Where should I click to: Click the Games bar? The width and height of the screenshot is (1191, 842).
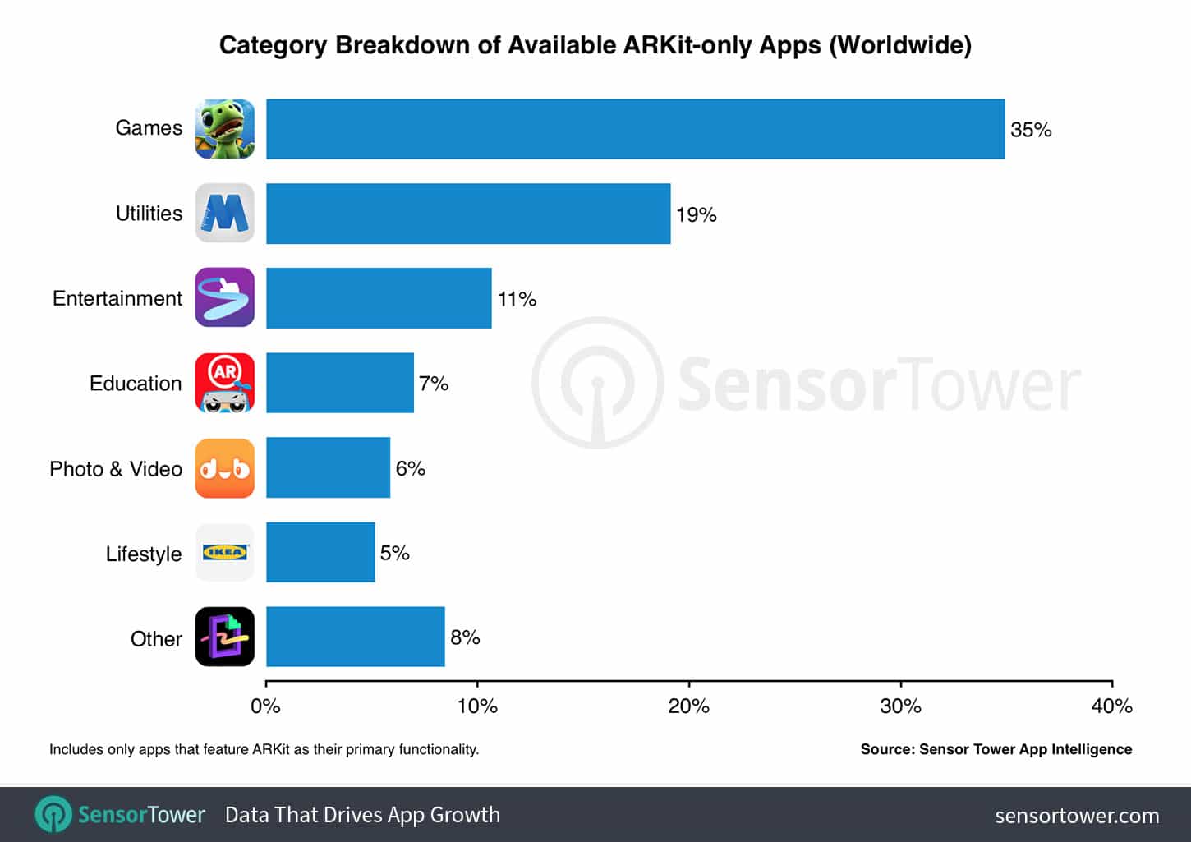pyautogui.click(x=635, y=129)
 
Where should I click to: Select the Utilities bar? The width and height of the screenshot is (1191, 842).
pyautogui.click(x=468, y=214)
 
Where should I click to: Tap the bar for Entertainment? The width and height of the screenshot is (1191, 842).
pyautogui.click(x=379, y=298)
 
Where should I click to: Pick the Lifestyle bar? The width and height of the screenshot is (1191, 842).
pyautogui.click(x=320, y=553)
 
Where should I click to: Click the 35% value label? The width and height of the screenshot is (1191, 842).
pyautogui.click(x=1031, y=130)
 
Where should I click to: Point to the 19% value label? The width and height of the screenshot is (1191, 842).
pyautogui.click(x=697, y=215)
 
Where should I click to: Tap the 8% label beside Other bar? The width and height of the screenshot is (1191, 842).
pyautogui.click(x=465, y=637)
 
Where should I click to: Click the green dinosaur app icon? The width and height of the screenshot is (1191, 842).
pyautogui.click(x=225, y=129)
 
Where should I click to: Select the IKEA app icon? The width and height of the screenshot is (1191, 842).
pyautogui.click(x=225, y=553)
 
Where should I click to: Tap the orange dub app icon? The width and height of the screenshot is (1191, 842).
pyautogui.click(x=225, y=468)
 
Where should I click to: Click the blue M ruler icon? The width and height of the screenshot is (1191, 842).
pyautogui.click(x=225, y=214)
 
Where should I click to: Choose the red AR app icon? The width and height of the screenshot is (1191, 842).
pyautogui.click(x=225, y=383)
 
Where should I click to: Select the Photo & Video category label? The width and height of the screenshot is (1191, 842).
pyautogui.click(x=116, y=469)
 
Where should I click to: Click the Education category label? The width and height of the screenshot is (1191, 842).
pyautogui.click(x=136, y=384)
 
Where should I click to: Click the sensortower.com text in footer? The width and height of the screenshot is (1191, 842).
pyautogui.click(x=1077, y=816)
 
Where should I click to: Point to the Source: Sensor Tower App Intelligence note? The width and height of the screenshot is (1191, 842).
pyautogui.click(x=996, y=749)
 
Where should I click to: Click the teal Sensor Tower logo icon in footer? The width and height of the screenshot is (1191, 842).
pyautogui.click(x=54, y=815)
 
